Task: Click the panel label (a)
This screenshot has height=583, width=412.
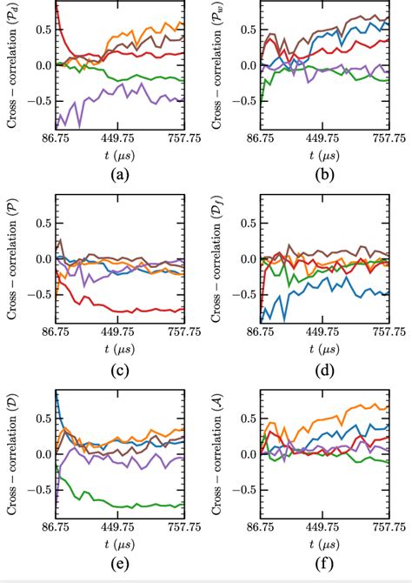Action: coord(120,173)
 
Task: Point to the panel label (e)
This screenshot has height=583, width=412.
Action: coord(120,563)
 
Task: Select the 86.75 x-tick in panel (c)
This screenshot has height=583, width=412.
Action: coord(56,332)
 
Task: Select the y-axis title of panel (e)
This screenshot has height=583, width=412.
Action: coord(11,453)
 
